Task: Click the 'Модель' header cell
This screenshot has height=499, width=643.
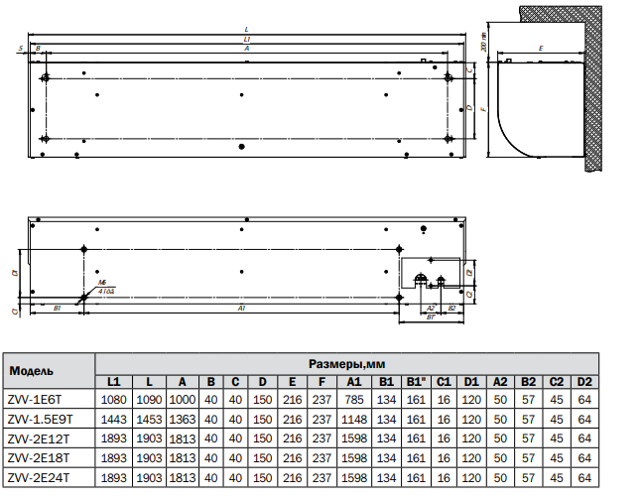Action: (x=33, y=371)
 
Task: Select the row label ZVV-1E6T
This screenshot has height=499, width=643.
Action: (x=36, y=399)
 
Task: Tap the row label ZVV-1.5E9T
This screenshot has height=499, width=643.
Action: (x=41, y=418)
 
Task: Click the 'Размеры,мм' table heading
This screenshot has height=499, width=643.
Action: (x=345, y=363)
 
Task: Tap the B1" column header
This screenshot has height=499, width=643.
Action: (x=416, y=381)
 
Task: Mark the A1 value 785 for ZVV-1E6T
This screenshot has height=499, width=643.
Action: (x=353, y=399)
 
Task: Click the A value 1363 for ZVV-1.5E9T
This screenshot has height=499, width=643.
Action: (x=182, y=418)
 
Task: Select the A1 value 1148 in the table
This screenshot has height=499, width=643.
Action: (x=353, y=418)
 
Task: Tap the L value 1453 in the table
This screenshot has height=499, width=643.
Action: (x=148, y=418)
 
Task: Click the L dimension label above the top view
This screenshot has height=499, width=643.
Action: (x=246, y=30)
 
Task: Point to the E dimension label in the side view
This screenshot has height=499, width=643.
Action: (x=540, y=47)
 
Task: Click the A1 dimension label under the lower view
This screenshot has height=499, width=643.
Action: (x=241, y=310)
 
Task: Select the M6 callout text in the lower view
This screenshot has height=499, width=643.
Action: (x=102, y=283)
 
